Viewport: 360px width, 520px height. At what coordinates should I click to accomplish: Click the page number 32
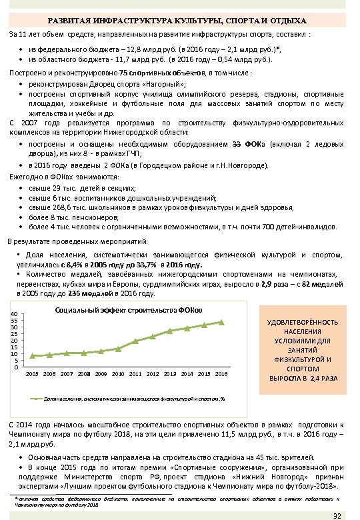point(337,515)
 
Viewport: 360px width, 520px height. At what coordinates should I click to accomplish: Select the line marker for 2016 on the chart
point(221,323)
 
